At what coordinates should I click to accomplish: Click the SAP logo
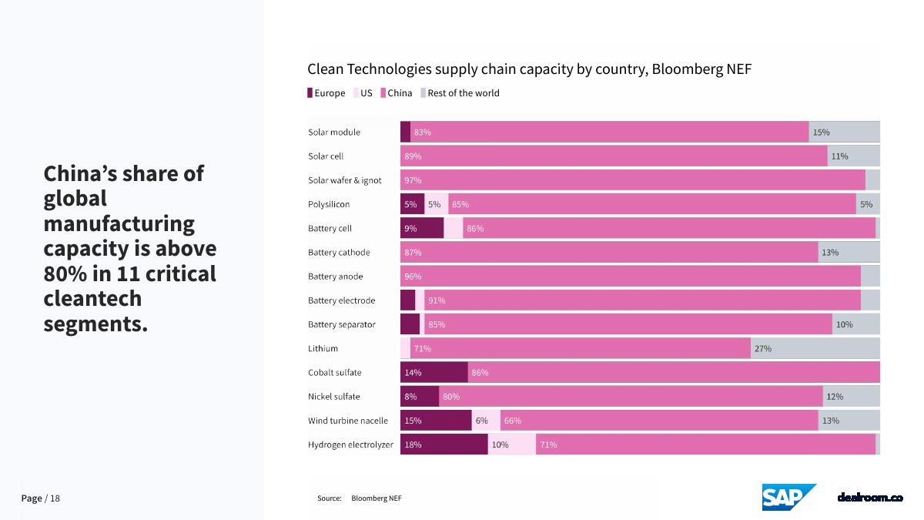tap(788, 497)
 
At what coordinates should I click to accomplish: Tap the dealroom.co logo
tap(869, 498)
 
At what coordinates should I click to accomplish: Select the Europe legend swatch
tap(310, 93)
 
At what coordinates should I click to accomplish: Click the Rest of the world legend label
tap(463, 93)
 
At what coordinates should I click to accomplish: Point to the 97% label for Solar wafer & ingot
tap(413, 180)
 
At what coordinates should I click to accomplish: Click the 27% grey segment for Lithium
tap(815, 348)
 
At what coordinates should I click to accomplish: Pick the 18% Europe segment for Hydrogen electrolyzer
tap(444, 445)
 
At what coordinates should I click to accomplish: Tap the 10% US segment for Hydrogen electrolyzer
tap(511, 445)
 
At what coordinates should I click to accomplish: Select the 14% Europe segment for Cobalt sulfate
tap(434, 372)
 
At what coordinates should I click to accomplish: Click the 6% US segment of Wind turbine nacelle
tap(485, 421)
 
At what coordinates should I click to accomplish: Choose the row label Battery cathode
tap(339, 253)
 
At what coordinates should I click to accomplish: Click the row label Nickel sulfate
tap(333, 397)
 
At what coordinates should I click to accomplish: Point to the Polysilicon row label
tap(329, 204)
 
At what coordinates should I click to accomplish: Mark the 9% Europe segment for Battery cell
tap(421, 228)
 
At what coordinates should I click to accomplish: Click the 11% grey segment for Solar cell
tap(853, 156)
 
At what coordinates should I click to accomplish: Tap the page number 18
tap(55, 498)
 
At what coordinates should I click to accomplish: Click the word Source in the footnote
tap(329, 498)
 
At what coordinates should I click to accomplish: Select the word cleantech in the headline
tap(92, 299)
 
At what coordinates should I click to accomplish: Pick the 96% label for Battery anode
tap(413, 277)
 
